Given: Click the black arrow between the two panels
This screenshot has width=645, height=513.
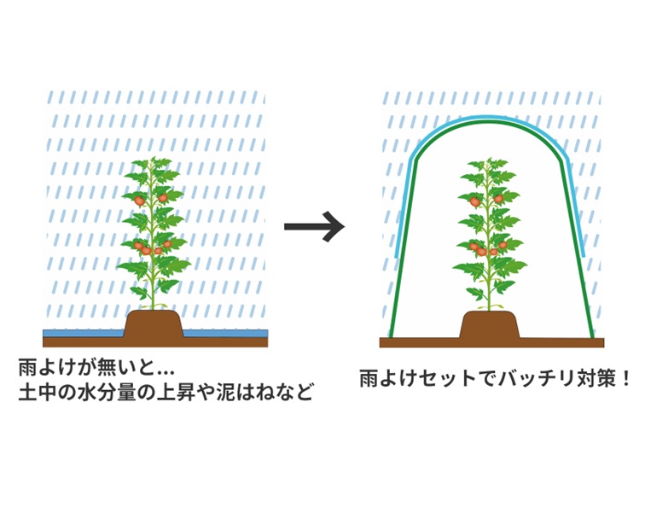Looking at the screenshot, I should point(313,226).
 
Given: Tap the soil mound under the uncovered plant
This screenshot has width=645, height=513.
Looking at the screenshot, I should point(154,325).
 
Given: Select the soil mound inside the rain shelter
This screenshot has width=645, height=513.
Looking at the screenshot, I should point(490,325).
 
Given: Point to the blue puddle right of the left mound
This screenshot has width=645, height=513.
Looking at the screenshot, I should point(226,331).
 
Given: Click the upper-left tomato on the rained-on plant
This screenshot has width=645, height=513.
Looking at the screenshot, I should point(139,200).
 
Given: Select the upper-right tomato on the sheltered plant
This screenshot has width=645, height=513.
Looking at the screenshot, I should point(498,199).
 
